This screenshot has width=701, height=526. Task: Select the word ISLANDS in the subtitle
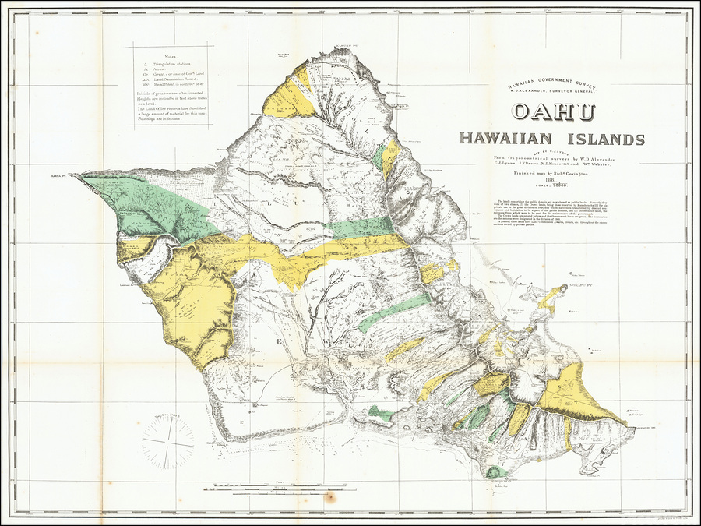pyautogui.click(x=605, y=139)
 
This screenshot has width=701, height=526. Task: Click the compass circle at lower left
pyautogui.click(x=168, y=443)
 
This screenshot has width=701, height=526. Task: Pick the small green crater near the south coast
pyautogui.click(x=492, y=471)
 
